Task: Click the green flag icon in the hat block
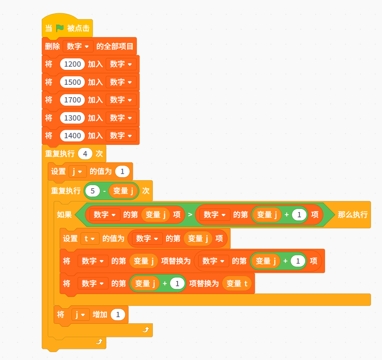[60, 28]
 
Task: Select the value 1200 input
[72, 64]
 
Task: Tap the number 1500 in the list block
[72, 82]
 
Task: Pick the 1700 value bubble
[72, 100]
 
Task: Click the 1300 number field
[72, 118]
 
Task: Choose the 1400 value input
[72, 136]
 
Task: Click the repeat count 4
[85, 154]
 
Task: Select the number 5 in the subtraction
[93, 191]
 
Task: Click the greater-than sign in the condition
[190, 215]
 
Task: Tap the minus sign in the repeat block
[104, 191]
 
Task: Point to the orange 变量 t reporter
[237, 284]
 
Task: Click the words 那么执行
[352, 215]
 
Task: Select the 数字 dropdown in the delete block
[78, 46]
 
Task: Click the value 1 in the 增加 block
[118, 315]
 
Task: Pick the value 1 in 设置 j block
[122, 171]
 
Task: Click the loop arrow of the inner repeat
[146, 330]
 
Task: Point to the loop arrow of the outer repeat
[99, 342]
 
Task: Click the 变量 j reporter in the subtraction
[123, 191]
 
